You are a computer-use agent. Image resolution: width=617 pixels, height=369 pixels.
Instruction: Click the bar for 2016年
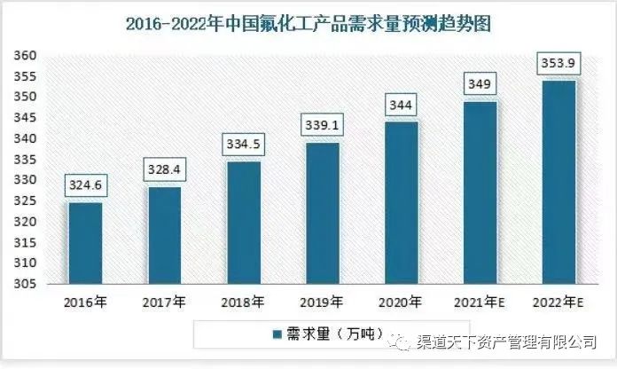pyautogui.click(x=85, y=242)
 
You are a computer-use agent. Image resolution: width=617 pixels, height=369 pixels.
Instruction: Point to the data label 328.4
pyautogui.click(x=163, y=169)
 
